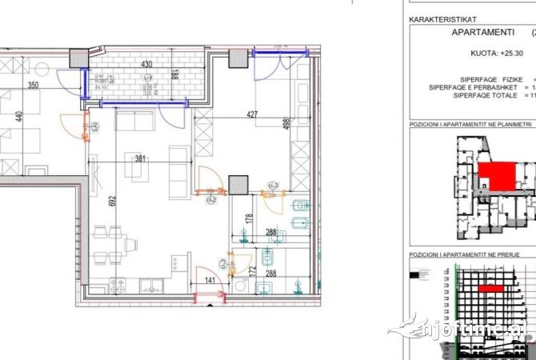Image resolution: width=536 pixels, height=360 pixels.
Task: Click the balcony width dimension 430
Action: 146,64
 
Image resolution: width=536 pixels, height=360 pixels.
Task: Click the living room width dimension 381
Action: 140,158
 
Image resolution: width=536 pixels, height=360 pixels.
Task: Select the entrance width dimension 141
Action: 210,281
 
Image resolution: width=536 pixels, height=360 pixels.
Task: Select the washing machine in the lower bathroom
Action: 242,286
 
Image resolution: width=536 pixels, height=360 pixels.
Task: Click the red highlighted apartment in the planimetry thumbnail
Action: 496,175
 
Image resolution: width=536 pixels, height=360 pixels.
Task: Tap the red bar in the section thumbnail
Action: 490,287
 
